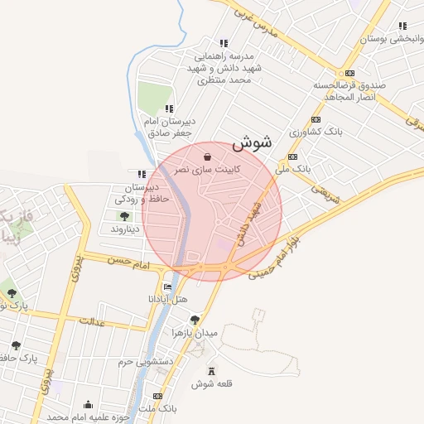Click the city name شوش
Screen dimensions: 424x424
tap(252, 143)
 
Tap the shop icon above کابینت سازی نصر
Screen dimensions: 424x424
tap(207, 156)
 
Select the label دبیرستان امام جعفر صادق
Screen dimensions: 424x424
tap(169, 127)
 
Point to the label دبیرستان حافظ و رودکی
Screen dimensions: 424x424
tap(142, 194)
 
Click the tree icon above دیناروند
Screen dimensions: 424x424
tap(124, 216)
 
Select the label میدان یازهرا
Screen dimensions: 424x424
tap(195, 332)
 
